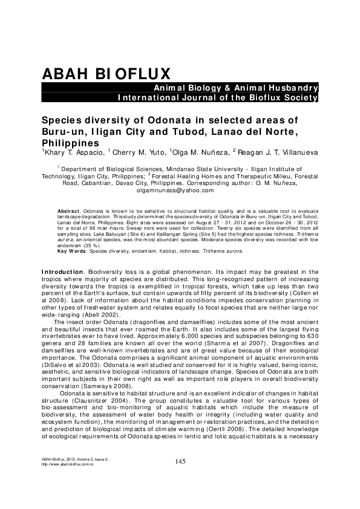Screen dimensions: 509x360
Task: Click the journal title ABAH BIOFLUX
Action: coord(105,74)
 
